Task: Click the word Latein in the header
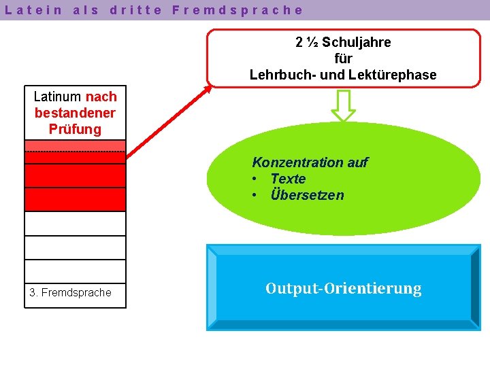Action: coord(34,10)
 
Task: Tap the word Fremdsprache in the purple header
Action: coord(238,10)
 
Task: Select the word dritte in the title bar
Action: coord(136,10)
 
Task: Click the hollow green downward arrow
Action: coord(343,105)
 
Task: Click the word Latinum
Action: coord(58,97)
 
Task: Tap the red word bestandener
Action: coord(75,113)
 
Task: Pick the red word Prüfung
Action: coord(75,129)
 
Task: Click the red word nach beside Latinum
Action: coord(101,97)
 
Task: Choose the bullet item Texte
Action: coord(288,179)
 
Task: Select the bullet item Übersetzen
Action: coord(307,195)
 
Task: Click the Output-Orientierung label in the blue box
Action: coord(343,289)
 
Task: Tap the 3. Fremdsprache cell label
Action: coord(71,293)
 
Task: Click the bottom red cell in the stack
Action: coord(75,200)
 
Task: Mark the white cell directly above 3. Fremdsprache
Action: coord(75,271)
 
